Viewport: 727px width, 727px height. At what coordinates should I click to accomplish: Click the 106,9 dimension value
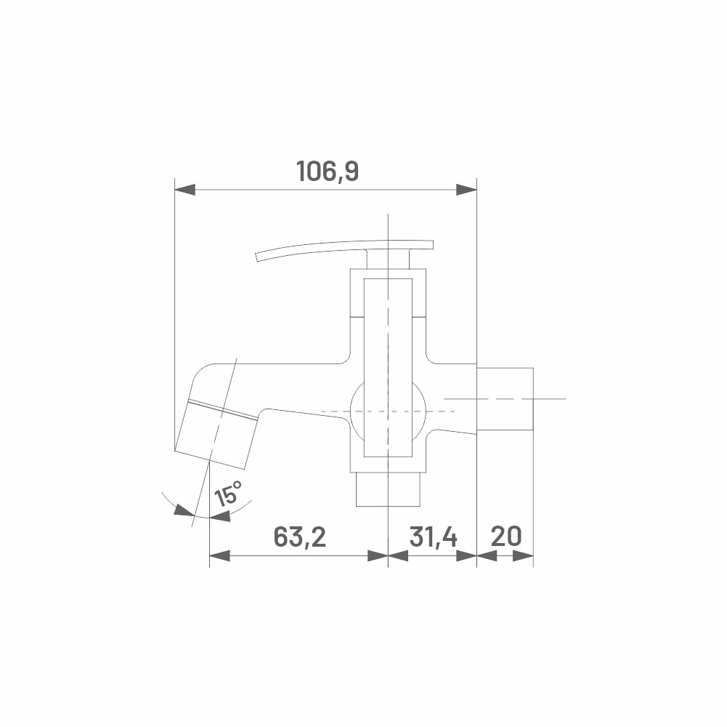click(x=328, y=171)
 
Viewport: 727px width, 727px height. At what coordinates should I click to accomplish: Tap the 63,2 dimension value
click(x=299, y=537)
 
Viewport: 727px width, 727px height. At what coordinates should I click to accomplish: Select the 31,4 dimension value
click(x=433, y=537)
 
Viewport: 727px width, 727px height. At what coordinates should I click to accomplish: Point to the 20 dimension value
click(x=505, y=537)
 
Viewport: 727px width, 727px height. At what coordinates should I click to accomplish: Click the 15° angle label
click(x=228, y=494)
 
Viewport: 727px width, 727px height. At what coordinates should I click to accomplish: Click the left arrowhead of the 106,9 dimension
click(x=184, y=190)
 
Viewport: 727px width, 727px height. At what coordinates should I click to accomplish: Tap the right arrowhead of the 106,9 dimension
click(x=466, y=190)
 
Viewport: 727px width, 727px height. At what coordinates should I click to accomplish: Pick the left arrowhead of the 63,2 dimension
click(x=220, y=555)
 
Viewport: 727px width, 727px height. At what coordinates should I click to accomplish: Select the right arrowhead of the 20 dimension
click(x=523, y=555)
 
